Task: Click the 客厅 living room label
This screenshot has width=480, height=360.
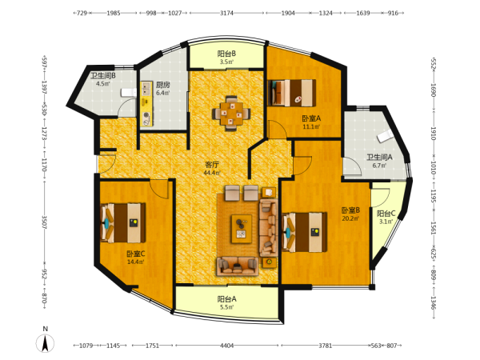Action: (212, 165)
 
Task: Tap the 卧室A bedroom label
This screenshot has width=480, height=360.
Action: (311, 118)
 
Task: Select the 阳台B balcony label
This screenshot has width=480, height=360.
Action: (226, 54)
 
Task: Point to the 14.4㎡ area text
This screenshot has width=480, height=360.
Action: (136, 262)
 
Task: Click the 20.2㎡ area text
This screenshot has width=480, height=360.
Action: (350, 218)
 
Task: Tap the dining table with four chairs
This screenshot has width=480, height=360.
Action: (231, 114)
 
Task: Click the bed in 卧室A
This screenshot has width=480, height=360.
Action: (292, 93)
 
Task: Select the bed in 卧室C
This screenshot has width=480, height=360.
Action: (123, 223)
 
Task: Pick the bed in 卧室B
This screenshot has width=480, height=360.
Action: (304, 232)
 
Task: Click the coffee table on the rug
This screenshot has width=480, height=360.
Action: (242, 229)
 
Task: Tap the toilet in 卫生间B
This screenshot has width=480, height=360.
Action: (129, 93)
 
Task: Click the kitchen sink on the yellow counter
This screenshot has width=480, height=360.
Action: (146, 89)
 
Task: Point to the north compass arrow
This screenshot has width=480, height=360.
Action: (46, 343)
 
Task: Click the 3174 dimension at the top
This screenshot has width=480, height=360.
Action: (226, 13)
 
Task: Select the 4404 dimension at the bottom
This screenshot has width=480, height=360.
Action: (227, 346)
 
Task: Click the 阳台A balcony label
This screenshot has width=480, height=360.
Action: (227, 298)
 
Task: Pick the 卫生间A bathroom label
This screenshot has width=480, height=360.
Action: (379, 158)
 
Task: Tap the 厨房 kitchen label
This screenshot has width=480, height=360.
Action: (162, 85)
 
